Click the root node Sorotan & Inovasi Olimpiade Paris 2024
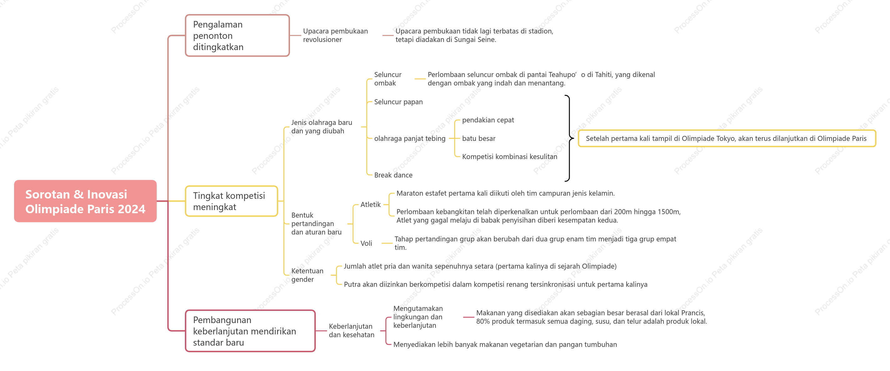pyautogui.click(x=85, y=201)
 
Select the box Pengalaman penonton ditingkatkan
pyautogui.click(x=237, y=36)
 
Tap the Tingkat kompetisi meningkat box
pyautogui.click(x=231, y=201)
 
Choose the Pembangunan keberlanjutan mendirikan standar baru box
pyautogui.click(x=250, y=331)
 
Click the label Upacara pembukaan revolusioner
pyautogui.click(x=335, y=35)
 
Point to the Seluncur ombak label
pyautogui.click(x=388, y=79)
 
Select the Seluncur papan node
pyautogui.click(x=398, y=102)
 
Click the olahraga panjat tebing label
pyautogui.click(x=410, y=138)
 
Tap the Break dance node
pyautogui.click(x=393, y=175)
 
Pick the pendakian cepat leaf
pyautogui.click(x=488, y=120)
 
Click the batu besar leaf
pyautogui.click(x=479, y=138)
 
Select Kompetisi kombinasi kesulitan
pyautogui.click(x=510, y=157)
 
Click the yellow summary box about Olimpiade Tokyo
pyautogui.click(x=727, y=138)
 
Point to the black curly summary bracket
pyautogui.click(x=569, y=138)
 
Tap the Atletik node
pyautogui.click(x=370, y=205)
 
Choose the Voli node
pyautogui.click(x=366, y=243)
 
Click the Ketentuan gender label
pyautogui.click(x=307, y=275)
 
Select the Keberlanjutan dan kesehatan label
pyautogui.click(x=351, y=331)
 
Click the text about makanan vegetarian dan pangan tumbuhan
pyautogui.click(x=505, y=344)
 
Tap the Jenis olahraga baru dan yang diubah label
pyautogui.click(x=321, y=126)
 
